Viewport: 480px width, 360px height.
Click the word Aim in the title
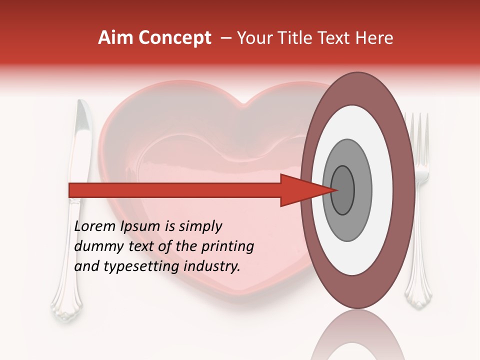coord(114,38)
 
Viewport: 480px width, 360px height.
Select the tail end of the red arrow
coord(70,190)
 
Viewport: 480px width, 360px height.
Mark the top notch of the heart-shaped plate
coord(243,104)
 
